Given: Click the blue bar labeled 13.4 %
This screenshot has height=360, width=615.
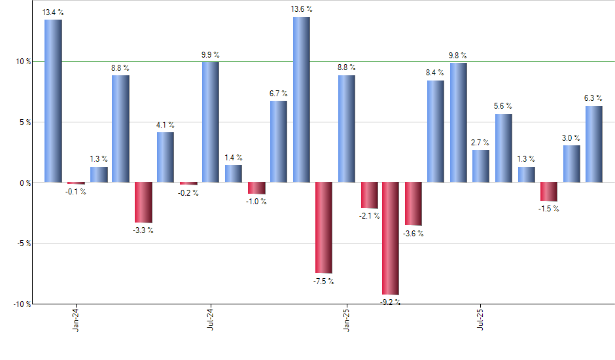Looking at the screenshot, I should (53, 101).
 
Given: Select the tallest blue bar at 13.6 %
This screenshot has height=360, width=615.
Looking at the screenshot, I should (301, 99).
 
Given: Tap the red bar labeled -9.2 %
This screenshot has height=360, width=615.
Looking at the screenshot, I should (391, 238).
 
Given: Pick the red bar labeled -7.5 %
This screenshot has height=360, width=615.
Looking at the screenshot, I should (323, 227).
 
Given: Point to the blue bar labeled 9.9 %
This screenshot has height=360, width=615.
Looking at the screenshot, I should (211, 122).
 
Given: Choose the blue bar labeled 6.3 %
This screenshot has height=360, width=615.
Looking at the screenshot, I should (593, 144).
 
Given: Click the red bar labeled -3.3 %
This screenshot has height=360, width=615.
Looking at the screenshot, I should (143, 202).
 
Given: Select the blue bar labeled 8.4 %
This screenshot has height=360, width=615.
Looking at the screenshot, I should (436, 131).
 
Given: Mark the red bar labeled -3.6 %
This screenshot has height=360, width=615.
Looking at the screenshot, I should (413, 204).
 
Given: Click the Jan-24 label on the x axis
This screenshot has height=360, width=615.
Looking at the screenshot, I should (76, 318).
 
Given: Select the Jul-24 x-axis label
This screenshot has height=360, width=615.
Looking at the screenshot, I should (211, 318).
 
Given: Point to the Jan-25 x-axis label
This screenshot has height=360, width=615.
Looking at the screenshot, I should (346, 318).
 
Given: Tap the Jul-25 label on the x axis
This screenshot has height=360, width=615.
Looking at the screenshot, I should (481, 318).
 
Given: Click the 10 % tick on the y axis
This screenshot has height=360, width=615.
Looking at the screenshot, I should (24, 62).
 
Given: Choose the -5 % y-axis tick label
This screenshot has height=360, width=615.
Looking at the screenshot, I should (24, 243).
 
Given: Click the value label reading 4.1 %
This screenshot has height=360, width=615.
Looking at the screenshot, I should (166, 124).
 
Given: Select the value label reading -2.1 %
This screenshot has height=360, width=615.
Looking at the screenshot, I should (370, 216).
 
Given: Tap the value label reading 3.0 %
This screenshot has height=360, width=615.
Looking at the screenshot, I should (571, 137).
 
